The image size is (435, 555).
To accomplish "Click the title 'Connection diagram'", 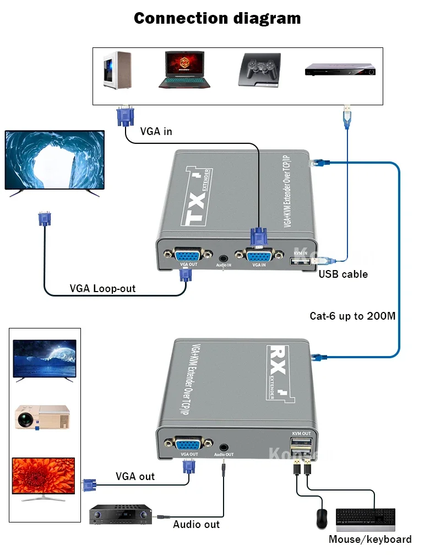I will [218, 18].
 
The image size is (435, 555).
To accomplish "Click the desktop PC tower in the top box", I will [117, 70].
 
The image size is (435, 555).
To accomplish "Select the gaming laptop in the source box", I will [185, 69].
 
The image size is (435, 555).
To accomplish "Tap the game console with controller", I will [259, 70].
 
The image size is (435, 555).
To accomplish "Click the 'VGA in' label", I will [156, 131].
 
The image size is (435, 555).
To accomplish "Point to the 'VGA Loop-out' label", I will [102, 288].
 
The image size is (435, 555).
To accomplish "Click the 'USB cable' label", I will [343, 274].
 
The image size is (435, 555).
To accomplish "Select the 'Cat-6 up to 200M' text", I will [352, 316].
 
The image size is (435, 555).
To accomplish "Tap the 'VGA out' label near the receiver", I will [135, 476].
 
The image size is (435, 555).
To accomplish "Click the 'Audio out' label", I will [196, 524].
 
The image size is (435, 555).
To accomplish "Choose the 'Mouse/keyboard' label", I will [369, 539].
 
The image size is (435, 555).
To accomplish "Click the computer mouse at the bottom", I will [322, 519].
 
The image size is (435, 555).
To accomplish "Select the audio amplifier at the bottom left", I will [120, 515].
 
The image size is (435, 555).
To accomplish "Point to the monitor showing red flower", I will [44, 477].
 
